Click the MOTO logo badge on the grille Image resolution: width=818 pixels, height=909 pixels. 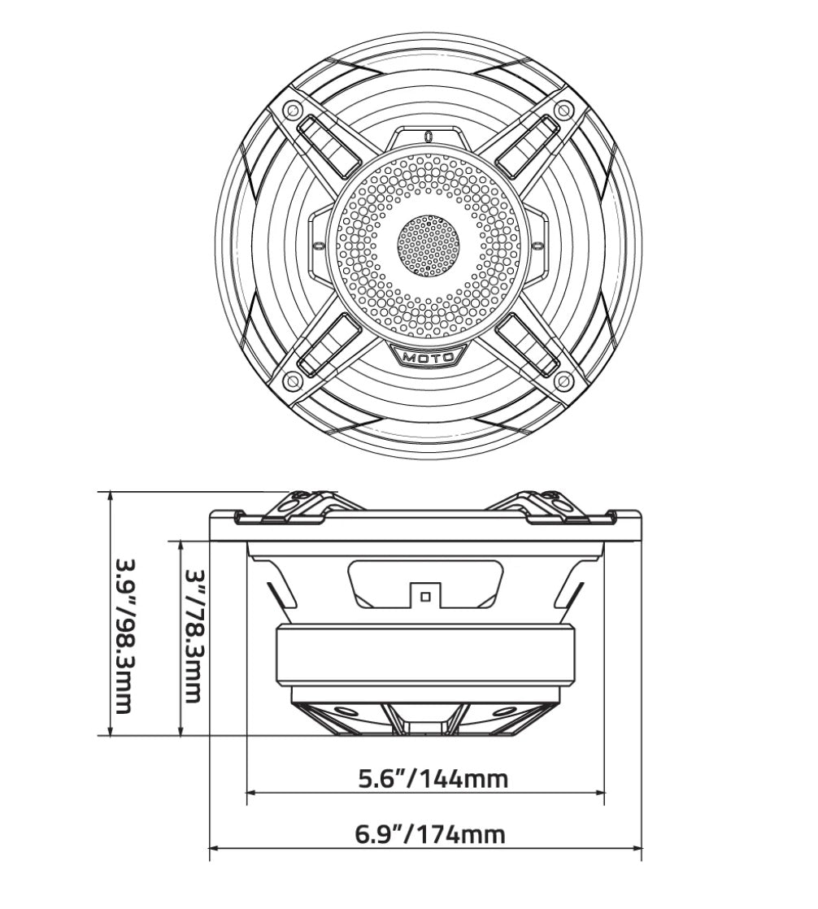[x=429, y=356]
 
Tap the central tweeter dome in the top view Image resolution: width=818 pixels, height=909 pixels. [x=429, y=245]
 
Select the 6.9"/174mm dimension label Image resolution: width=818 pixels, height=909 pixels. [x=430, y=834]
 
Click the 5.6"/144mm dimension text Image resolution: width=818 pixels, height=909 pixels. [x=433, y=779]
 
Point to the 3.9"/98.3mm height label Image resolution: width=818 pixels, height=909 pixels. [x=123, y=634]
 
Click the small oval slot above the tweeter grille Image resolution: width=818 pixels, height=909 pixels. [x=429, y=136]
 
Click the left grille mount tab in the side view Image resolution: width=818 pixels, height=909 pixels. [x=298, y=503]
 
